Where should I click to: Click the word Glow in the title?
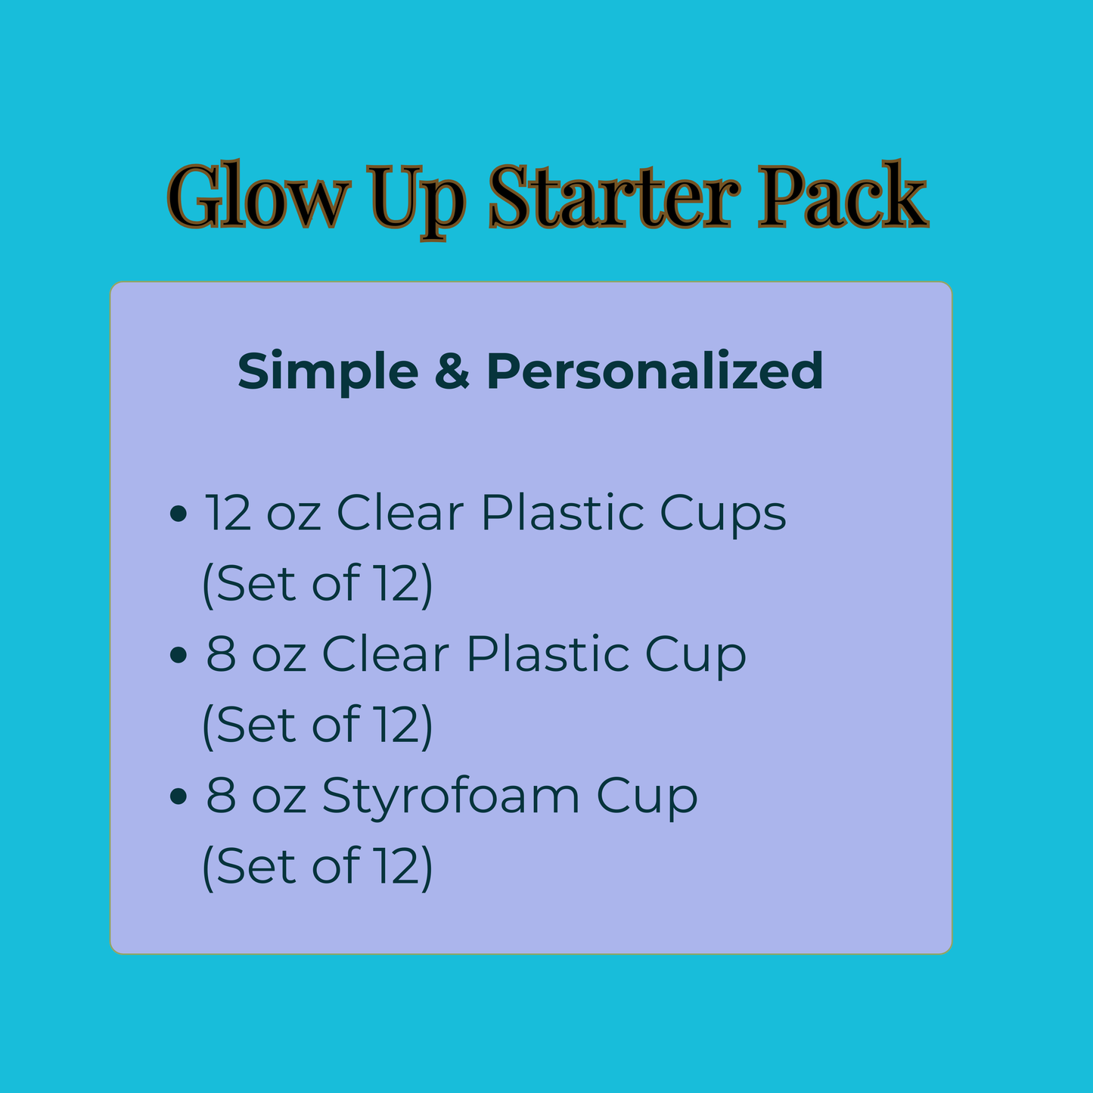(x=258, y=194)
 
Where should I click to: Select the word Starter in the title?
(x=614, y=196)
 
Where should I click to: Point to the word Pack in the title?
(x=843, y=194)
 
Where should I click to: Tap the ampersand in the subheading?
(x=452, y=371)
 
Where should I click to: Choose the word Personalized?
(x=654, y=371)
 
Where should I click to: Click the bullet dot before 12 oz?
(x=179, y=514)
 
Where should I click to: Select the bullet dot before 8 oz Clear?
(x=179, y=655)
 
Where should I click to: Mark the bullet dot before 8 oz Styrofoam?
(x=179, y=796)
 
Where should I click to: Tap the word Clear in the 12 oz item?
(x=400, y=512)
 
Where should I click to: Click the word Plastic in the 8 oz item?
(x=548, y=654)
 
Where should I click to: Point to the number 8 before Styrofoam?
(x=221, y=795)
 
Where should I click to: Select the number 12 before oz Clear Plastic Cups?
(x=228, y=512)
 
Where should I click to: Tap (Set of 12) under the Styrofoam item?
(x=317, y=867)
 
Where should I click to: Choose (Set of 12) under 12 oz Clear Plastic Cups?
(x=317, y=584)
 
